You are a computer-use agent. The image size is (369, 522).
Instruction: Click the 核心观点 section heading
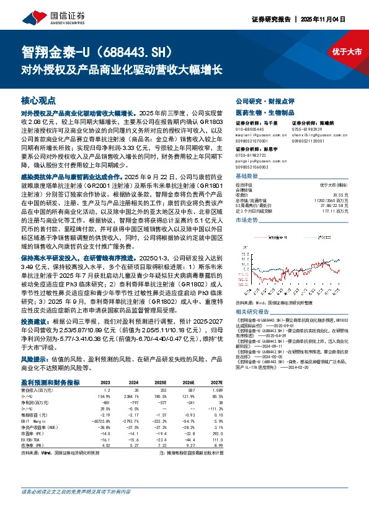[38, 99]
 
